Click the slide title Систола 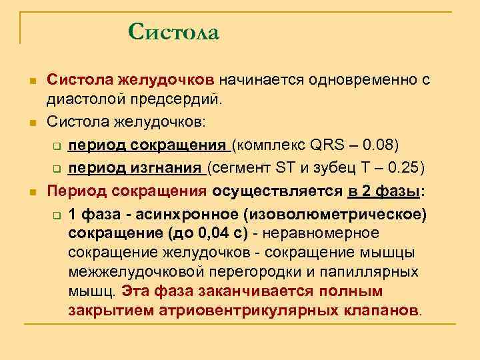click(x=173, y=31)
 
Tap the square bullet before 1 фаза click(x=57, y=214)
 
